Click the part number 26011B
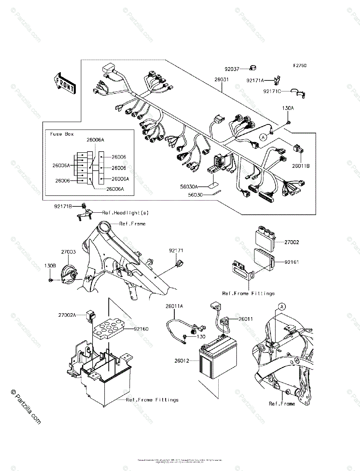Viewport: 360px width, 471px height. click(300, 166)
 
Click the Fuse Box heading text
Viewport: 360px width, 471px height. click(62, 134)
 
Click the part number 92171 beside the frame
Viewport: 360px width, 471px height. click(176, 250)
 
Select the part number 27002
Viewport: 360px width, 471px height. click(291, 243)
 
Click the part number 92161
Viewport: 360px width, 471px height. click(291, 261)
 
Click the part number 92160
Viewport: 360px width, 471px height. click(141, 329)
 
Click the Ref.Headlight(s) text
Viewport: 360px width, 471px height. click(125, 213)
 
